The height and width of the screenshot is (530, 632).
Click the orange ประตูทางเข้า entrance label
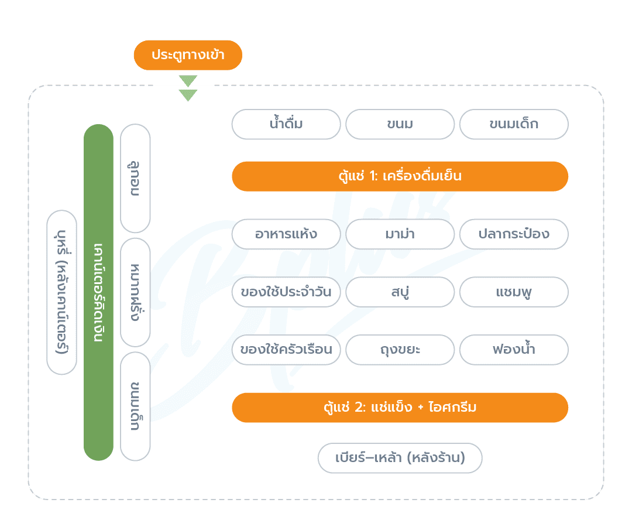pyautogui.click(x=188, y=55)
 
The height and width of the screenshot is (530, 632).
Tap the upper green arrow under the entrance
pyautogui.click(x=188, y=81)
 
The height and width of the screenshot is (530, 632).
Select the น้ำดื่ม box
pyautogui.click(x=286, y=124)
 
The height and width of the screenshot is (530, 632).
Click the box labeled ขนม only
pyautogui.click(x=400, y=124)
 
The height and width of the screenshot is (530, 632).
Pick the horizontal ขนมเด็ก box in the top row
pyautogui.click(x=514, y=124)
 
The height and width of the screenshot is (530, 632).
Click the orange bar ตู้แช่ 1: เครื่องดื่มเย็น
pyautogui.click(x=400, y=176)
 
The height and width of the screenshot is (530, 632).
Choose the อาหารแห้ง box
pyautogui.click(x=286, y=234)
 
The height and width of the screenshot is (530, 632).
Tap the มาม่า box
pyautogui.click(x=400, y=234)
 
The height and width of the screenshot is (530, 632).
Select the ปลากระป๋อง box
pyautogui.click(x=514, y=234)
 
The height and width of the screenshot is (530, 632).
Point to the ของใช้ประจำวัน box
pyautogui.click(x=286, y=292)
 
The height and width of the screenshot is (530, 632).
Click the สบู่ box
pyautogui.click(x=400, y=292)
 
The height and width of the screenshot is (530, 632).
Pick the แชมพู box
pyautogui.click(x=514, y=292)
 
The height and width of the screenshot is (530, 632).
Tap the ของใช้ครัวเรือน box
pyautogui.click(x=286, y=350)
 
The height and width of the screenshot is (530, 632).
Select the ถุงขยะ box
pyautogui.click(x=400, y=350)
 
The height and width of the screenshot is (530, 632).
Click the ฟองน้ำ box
pyautogui.click(x=514, y=350)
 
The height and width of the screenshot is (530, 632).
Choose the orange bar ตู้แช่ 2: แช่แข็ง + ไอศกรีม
pyautogui.click(x=400, y=408)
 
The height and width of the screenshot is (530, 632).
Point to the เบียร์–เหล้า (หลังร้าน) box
pyautogui.click(x=400, y=458)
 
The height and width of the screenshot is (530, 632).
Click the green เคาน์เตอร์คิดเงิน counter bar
pyautogui.click(x=98, y=292)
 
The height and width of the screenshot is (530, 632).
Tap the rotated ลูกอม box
pyautogui.click(x=135, y=178)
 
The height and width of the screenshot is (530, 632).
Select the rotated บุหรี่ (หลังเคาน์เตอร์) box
pyautogui.click(x=61, y=292)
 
